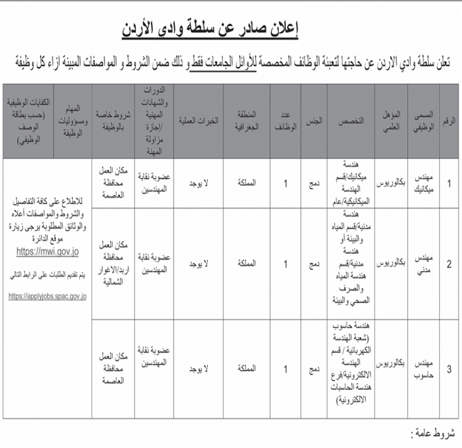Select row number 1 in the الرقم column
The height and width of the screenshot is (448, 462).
click(x=448, y=183)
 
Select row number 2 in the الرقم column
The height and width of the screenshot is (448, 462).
click(x=448, y=265)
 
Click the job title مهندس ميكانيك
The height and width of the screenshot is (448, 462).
click(x=424, y=183)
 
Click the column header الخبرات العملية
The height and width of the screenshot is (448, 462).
click(x=198, y=121)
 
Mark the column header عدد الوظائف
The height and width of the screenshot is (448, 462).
click(x=285, y=121)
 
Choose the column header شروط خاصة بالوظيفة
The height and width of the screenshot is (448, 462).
click(x=111, y=121)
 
